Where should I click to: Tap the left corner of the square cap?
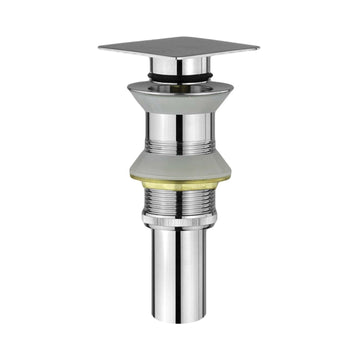point(100,46)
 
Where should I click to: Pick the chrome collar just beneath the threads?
point(180,230)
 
